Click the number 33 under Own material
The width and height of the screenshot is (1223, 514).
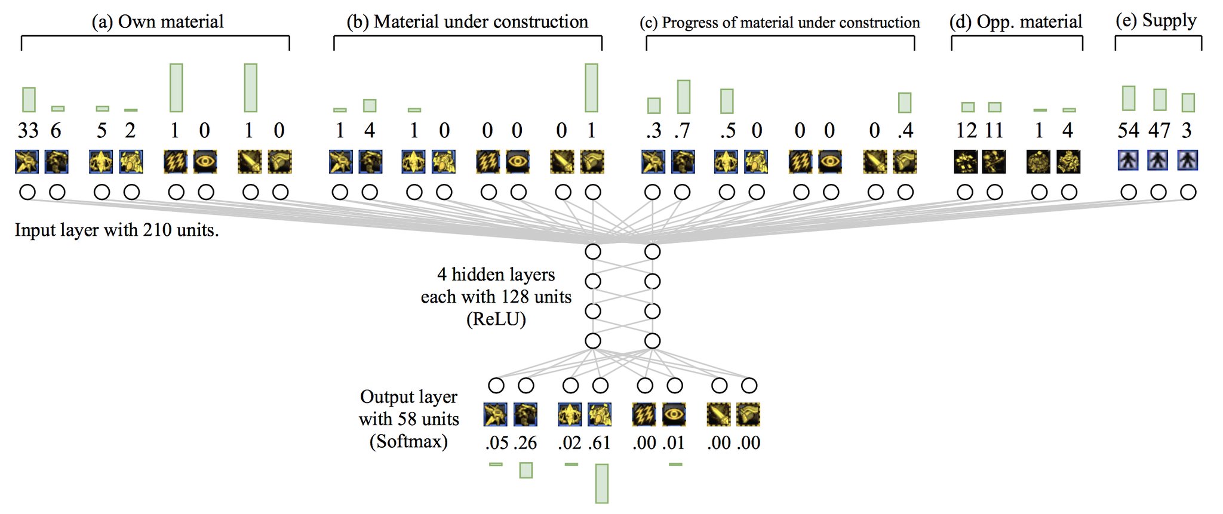[x=28, y=130]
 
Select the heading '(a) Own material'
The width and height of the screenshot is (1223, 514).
[x=158, y=21]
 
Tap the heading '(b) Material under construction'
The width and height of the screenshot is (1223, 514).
[x=467, y=21]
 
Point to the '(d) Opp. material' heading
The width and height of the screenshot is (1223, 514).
[x=1016, y=21]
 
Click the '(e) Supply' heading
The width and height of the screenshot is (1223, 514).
[x=1156, y=20]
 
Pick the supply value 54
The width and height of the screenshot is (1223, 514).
[x=1128, y=130]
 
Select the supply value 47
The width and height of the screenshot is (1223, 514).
[x=1159, y=130]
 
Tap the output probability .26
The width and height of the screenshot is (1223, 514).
[x=525, y=443]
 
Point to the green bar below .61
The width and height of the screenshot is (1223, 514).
[x=602, y=484]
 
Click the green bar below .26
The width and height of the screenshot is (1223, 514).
[x=526, y=470]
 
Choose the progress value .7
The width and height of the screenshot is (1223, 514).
[x=683, y=130]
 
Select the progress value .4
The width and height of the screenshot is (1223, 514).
[x=905, y=130]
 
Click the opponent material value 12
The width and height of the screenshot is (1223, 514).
[x=966, y=130]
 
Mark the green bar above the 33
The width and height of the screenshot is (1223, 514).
[x=29, y=100]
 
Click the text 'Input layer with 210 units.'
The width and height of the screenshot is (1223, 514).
[x=117, y=230]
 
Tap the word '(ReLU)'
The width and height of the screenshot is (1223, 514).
[x=496, y=319]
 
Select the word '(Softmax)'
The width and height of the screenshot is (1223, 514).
[x=408, y=442]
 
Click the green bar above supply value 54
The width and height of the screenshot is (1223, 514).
[x=1129, y=99]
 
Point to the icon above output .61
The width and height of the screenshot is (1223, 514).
[x=600, y=414]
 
